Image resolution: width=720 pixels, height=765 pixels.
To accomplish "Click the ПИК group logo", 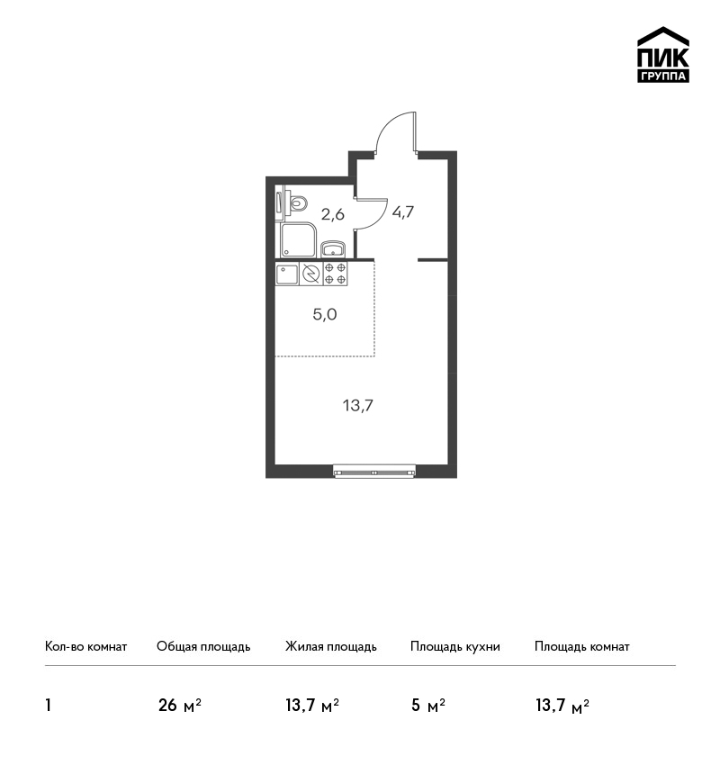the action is tap(663, 55).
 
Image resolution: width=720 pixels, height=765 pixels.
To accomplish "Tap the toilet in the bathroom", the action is tap(297, 203).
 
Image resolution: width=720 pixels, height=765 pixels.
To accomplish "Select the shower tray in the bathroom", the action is tap(299, 240).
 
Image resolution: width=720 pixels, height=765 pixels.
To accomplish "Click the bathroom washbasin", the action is tap(333, 248).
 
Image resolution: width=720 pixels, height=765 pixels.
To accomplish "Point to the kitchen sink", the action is tap(287, 274).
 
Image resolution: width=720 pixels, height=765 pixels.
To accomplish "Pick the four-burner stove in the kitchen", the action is tap(335, 274).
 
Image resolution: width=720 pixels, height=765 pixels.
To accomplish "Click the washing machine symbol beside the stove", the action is tap(310, 274).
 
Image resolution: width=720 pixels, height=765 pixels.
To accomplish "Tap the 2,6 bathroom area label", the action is tap(333, 214).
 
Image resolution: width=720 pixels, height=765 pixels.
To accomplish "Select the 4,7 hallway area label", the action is tap(403, 211).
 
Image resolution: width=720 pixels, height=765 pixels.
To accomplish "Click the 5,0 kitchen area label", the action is tap(325, 315).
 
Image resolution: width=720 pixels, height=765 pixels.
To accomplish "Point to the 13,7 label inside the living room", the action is tap(358, 405).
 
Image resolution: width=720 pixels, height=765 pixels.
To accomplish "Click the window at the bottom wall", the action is tap(374, 472).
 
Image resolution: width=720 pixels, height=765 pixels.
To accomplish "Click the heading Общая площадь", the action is tap(203, 647).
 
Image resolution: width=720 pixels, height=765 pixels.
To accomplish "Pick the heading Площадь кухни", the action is tap(455, 647).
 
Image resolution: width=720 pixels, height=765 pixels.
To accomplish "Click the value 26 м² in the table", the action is tap(179, 706).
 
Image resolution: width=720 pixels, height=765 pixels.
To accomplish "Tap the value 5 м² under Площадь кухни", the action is tap(428, 706).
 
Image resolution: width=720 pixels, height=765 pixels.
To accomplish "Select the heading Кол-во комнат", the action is tap(85, 647).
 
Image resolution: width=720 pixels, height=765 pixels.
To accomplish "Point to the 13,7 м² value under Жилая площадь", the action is tap(312, 706).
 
